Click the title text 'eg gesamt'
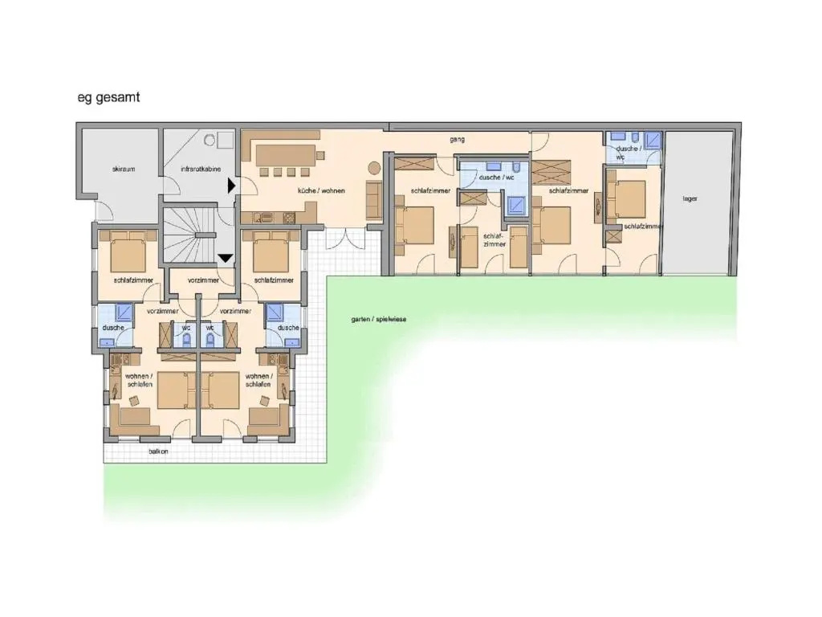pyautogui.click(x=108, y=97)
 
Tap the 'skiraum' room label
pyautogui.click(x=124, y=169)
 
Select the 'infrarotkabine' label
pyautogui.click(x=201, y=169)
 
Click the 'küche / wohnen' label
pyautogui.click(x=321, y=190)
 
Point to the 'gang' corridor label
pyautogui.click(x=457, y=140)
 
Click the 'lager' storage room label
pyautogui.click(x=690, y=199)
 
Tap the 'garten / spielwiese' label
pyautogui.click(x=379, y=319)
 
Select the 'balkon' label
pyautogui.click(x=158, y=452)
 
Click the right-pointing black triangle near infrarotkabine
pyautogui.click(x=231, y=186)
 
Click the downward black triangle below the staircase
pyautogui.click(x=226, y=258)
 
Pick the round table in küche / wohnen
pyautogui.click(x=374, y=168)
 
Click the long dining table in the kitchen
pyautogui.click(x=286, y=156)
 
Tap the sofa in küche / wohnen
pyautogui.click(x=374, y=199)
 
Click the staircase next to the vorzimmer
pyautogui.click(x=189, y=235)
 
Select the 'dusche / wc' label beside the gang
pyautogui.click(x=496, y=178)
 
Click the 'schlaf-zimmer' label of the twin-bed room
pyautogui.click(x=494, y=240)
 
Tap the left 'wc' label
pyautogui.click(x=186, y=328)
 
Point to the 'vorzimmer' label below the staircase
pyautogui.click(x=203, y=280)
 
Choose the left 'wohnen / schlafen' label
pyautogui.click(x=140, y=380)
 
